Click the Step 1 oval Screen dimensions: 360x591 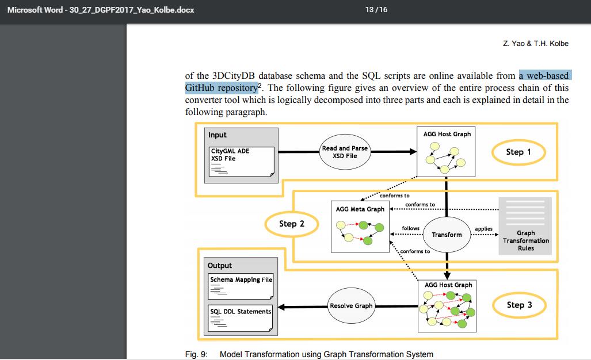point(518,152)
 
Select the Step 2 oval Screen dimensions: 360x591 point(292,224)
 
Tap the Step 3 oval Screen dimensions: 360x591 point(518,305)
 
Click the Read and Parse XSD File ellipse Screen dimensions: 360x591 point(344,152)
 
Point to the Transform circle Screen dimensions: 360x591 point(447,234)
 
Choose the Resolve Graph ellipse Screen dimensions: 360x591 point(351,306)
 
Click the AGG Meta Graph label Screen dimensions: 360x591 point(360,209)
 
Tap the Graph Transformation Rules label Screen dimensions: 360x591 point(525,240)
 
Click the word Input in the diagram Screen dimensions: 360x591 point(218,135)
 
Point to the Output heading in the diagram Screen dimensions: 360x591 point(220,266)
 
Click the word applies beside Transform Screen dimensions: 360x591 point(483,228)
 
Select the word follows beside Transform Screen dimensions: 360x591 point(410,228)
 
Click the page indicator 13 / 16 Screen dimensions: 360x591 point(376,10)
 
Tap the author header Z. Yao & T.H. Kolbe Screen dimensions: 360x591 point(535,44)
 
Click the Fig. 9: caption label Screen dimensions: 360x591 point(196,354)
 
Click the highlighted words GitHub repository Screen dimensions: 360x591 point(221,88)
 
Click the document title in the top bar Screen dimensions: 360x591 point(101,10)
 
